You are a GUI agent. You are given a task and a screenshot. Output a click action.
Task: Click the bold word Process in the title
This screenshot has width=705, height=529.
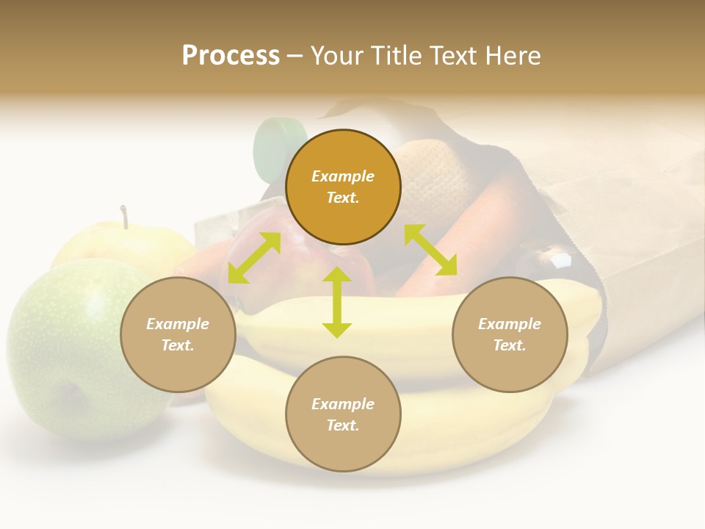(x=231, y=56)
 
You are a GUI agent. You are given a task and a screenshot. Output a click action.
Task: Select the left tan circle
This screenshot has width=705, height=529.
(x=178, y=334)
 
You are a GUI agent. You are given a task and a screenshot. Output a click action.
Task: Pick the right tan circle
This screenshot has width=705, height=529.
(x=510, y=334)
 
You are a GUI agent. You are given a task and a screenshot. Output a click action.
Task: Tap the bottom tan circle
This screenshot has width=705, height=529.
(x=343, y=414)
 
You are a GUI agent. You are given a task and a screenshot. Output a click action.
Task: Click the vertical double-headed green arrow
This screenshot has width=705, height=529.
(x=337, y=302)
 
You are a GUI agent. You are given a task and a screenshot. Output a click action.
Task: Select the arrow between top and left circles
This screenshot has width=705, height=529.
(x=254, y=258)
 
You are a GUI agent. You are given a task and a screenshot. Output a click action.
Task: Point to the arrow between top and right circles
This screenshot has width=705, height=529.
(x=430, y=249)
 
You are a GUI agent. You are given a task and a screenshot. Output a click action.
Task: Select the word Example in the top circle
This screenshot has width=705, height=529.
(x=343, y=176)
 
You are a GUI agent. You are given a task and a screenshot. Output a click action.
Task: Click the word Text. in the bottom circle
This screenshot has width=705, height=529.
(x=343, y=425)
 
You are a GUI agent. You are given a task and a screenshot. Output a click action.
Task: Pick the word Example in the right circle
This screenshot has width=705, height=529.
(x=510, y=324)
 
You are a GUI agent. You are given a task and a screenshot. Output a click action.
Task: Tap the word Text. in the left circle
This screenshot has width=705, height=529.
(x=178, y=345)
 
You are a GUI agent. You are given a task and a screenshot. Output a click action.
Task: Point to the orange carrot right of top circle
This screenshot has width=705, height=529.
(x=477, y=220)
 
